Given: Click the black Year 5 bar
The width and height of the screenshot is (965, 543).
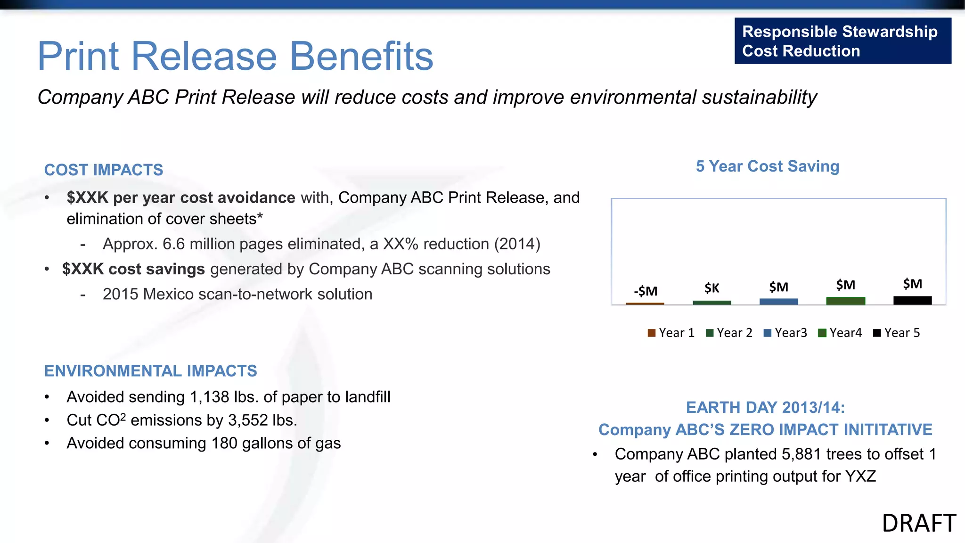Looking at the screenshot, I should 912,300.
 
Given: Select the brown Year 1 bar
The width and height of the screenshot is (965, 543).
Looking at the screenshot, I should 645,304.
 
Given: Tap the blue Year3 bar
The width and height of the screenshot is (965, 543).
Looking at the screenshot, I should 778,301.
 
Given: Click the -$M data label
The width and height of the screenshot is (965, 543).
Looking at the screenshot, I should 645,291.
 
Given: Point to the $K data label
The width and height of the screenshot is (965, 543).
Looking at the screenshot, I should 711,288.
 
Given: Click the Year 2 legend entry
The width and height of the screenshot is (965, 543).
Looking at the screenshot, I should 729,333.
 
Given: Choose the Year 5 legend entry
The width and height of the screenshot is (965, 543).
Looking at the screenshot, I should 896,333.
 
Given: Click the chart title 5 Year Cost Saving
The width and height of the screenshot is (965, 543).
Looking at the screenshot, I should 768,166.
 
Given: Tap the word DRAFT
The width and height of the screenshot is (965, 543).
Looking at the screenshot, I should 919,523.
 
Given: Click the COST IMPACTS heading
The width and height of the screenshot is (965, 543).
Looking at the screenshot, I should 104,170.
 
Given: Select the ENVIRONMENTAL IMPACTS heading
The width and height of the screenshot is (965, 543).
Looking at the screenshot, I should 151,371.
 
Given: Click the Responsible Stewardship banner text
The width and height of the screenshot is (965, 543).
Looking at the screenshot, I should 840,32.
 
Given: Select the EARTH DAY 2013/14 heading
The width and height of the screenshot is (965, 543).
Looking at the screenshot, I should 765,407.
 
